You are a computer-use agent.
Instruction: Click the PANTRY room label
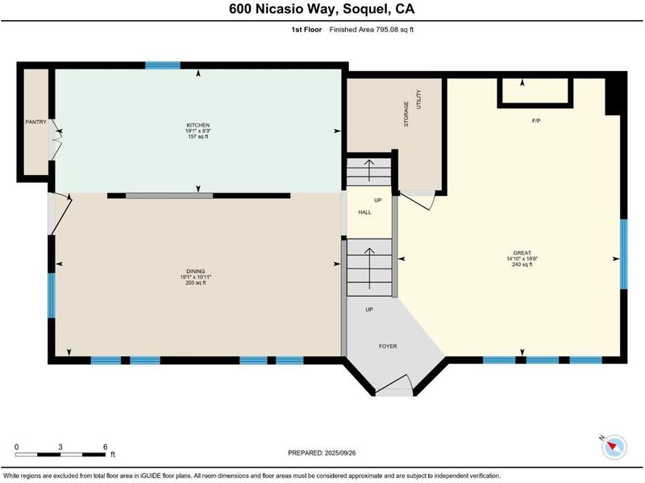(35, 123)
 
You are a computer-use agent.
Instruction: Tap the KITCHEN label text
(198, 125)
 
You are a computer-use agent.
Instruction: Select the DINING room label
(196, 271)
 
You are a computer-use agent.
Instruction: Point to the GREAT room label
(522, 253)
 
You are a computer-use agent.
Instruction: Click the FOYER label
(388, 347)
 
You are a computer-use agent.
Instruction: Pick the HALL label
(365, 212)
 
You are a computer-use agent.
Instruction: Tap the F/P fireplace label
(536, 121)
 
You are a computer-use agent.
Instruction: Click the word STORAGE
(406, 114)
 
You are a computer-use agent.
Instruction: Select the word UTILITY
(418, 99)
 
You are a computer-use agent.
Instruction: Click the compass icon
(614, 447)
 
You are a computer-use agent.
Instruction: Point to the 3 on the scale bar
(60, 447)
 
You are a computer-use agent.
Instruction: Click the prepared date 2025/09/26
(340, 453)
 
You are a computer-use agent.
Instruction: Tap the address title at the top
(322, 9)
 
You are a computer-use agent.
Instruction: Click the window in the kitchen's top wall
(163, 65)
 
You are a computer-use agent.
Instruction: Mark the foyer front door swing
(394, 383)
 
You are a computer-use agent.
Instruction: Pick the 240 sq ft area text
(522, 264)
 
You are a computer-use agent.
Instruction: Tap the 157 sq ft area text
(198, 136)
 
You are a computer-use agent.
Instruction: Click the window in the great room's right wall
(623, 254)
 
